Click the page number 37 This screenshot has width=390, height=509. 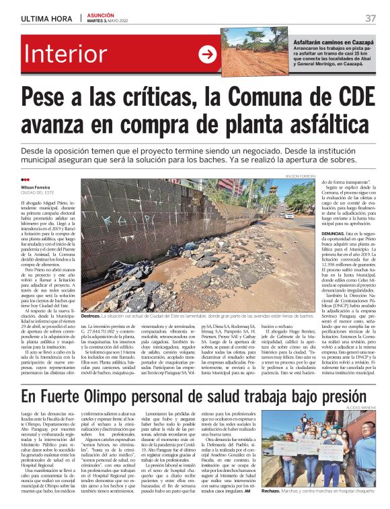click(x=370, y=18)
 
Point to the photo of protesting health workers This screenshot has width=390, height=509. click(x=319, y=448)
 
